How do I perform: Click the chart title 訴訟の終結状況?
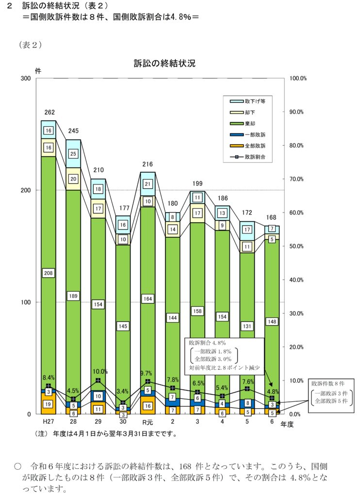click(x=164, y=64)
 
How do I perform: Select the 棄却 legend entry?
click(x=251, y=124)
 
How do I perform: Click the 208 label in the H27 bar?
click(x=49, y=273)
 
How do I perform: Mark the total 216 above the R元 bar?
click(x=147, y=165)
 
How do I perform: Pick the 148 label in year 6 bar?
click(x=272, y=321)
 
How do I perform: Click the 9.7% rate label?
click(x=146, y=373)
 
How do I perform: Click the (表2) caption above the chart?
click(x=31, y=45)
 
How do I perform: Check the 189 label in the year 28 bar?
click(x=73, y=296)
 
